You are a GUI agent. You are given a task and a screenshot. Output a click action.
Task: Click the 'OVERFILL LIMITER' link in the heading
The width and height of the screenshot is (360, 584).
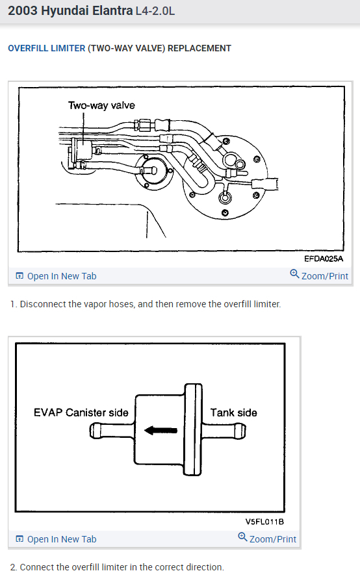pos(47,49)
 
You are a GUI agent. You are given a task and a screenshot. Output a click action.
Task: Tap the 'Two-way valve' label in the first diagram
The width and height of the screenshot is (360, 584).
pos(101,105)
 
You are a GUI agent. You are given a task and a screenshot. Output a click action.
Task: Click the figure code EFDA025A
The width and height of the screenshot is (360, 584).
pos(324,259)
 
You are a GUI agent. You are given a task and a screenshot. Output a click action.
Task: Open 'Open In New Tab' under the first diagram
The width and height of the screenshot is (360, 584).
pos(56,276)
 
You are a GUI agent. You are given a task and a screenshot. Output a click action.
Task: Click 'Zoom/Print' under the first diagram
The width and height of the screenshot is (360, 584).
pos(319,275)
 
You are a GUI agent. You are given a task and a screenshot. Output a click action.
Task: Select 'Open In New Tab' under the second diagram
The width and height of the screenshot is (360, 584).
pos(56,539)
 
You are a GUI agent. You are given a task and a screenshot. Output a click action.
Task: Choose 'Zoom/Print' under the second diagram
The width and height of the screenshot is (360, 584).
pos(267,539)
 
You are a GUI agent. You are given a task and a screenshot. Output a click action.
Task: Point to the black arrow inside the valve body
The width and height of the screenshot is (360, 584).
pos(161,431)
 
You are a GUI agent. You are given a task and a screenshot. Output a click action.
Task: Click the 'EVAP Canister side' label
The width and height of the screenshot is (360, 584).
pos(81,413)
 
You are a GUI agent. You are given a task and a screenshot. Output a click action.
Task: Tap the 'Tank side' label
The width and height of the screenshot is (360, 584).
pos(234,413)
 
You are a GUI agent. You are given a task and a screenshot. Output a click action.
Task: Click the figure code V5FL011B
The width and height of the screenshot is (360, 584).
pos(264,522)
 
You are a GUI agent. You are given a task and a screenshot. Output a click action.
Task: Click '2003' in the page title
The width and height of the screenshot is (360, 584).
pos(23,10)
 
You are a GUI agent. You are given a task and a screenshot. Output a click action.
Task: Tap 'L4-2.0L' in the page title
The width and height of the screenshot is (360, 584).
pos(155,11)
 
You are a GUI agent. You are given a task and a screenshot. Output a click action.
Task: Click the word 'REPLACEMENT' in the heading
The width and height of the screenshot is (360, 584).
pos(199,49)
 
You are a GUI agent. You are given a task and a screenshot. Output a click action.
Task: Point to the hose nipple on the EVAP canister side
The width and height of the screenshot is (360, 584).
pos(112,431)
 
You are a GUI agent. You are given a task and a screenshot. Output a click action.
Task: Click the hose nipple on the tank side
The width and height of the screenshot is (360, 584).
pos(224,431)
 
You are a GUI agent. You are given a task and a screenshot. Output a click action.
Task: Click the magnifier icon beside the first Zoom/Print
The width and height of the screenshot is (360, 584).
pos(294,274)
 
